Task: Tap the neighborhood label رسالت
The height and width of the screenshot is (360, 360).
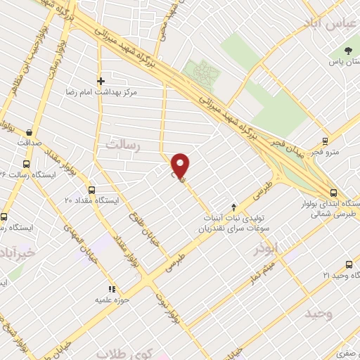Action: pos(124,144)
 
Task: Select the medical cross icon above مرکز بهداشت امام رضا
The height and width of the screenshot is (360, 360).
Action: pos(101,81)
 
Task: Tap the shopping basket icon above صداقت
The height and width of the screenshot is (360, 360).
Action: pos(29,131)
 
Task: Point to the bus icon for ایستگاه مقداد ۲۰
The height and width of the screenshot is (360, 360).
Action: pos(92,189)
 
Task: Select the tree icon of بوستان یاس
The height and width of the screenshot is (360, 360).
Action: pos(349,51)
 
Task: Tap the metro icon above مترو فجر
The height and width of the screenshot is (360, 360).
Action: pos(325,141)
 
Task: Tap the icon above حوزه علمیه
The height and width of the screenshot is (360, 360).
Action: pos(110,288)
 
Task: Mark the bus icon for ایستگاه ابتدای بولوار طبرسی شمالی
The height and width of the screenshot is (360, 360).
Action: pos(333,191)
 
